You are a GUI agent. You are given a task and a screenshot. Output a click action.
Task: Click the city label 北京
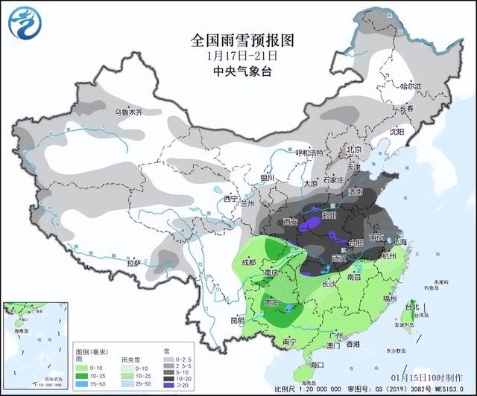click(353, 150)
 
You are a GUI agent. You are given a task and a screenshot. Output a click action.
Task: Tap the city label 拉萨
click(134, 263)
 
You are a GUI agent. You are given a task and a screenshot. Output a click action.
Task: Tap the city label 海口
click(318, 365)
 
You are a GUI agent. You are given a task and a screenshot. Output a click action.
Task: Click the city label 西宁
click(231, 199)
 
